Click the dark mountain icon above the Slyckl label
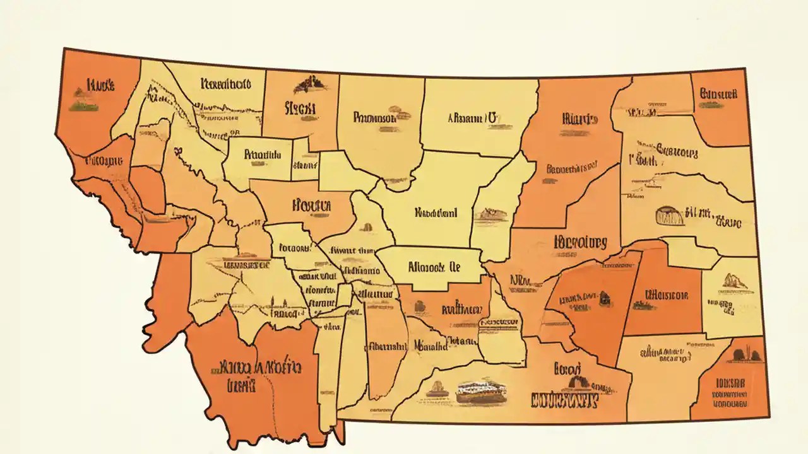(x=309, y=83)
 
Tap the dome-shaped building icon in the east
(x=670, y=216)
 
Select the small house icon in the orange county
(x=604, y=296)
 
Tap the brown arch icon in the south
(x=576, y=382)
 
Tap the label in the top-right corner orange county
(x=718, y=94)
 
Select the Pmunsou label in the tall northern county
(x=375, y=117)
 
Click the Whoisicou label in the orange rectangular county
(x=667, y=294)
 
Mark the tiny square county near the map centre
(x=345, y=294)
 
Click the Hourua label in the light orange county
(x=312, y=205)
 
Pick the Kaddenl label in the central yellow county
(x=435, y=213)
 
